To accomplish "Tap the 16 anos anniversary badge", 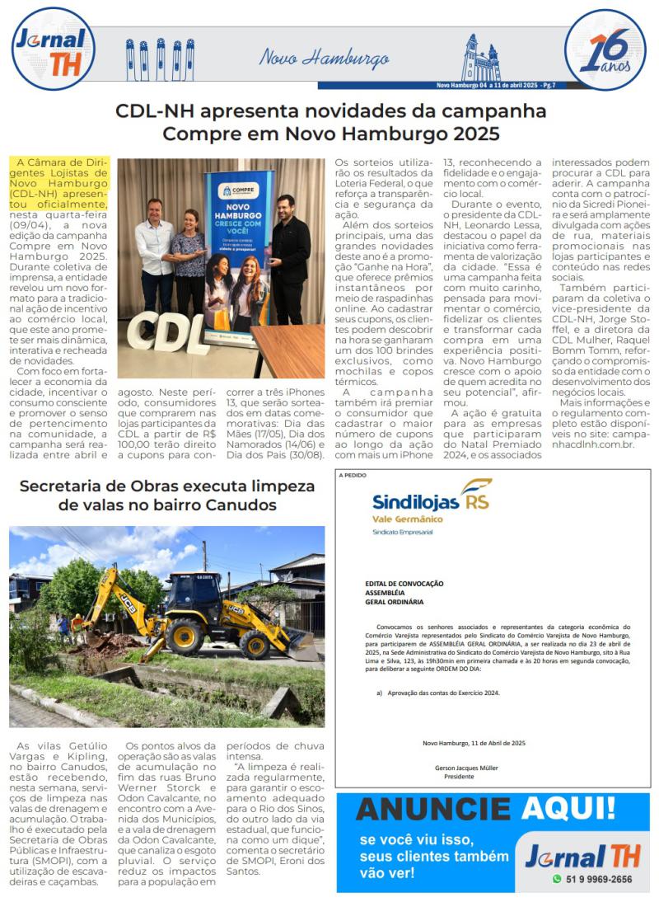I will [x=605, y=50].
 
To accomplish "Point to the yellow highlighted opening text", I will [x=58, y=183].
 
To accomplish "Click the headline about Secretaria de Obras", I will [x=167, y=495].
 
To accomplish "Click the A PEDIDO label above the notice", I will [x=354, y=476].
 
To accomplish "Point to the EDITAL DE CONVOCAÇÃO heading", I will [x=404, y=583].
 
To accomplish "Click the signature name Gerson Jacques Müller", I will [x=466, y=768].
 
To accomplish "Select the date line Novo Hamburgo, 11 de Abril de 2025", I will [x=474, y=743].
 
